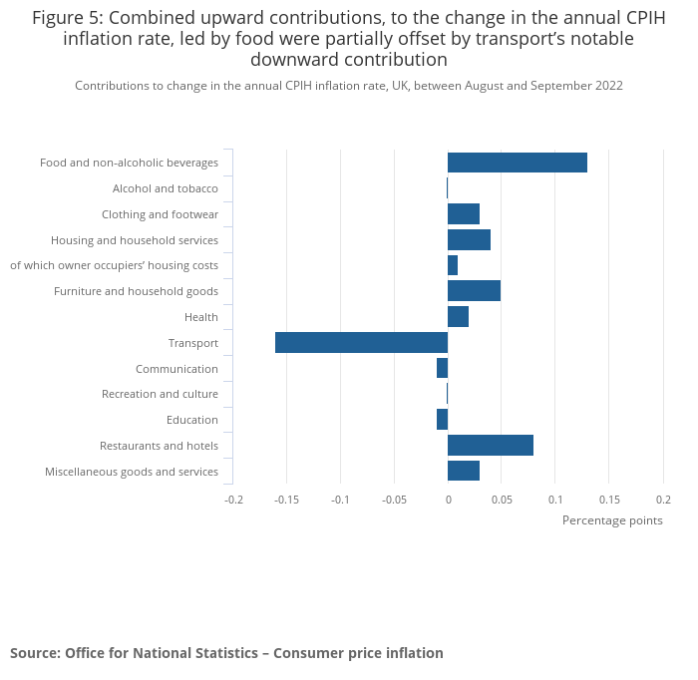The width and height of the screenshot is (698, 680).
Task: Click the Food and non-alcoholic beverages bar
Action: (x=517, y=163)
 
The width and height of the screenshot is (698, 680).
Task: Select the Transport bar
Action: (x=361, y=343)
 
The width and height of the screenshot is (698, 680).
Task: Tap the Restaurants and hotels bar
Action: (x=490, y=446)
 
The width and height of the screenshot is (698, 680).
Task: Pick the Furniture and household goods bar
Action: (x=474, y=291)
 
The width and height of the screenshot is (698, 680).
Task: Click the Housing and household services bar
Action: (x=469, y=239)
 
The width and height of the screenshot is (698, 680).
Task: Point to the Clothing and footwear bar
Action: (x=464, y=214)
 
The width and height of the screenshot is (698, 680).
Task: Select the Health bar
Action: (x=458, y=317)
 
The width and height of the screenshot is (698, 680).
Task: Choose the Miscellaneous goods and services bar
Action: (x=464, y=472)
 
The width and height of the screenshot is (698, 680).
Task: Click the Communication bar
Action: (x=442, y=369)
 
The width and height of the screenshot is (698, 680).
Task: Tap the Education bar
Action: (x=442, y=420)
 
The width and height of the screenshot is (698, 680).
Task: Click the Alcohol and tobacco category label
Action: (x=165, y=188)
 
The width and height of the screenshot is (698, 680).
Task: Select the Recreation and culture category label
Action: (x=160, y=394)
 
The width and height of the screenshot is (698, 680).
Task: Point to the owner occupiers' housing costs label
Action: (x=114, y=265)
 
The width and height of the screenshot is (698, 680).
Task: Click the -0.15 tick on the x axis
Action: (x=287, y=500)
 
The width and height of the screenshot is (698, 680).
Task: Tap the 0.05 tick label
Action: (x=502, y=500)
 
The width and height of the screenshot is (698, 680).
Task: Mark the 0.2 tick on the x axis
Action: (x=662, y=500)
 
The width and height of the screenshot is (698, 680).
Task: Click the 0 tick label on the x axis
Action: (x=448, y=500)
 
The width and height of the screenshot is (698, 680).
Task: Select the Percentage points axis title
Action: (x=612, y=520)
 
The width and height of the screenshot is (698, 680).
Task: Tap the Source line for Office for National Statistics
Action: (x=226, y=653)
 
